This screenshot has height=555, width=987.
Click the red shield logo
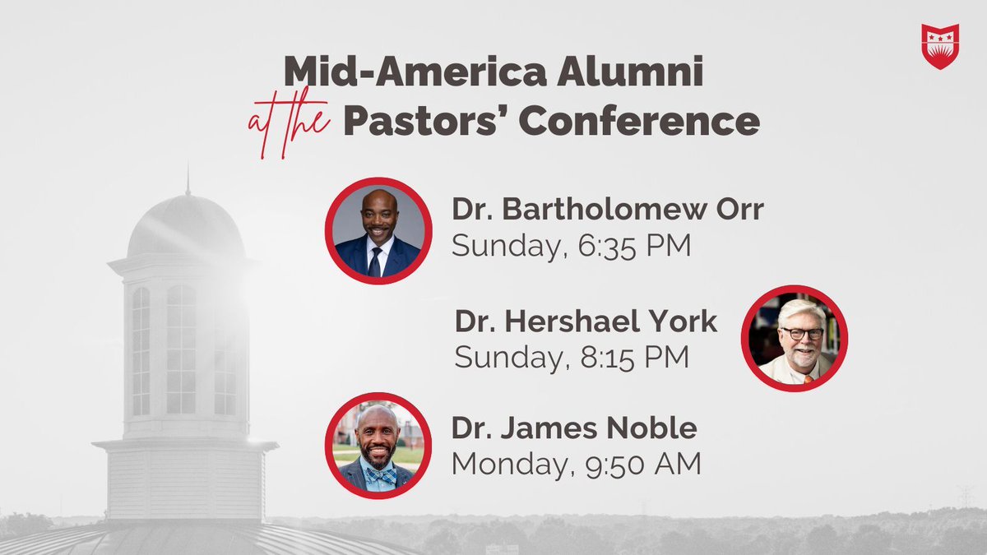[940, 47]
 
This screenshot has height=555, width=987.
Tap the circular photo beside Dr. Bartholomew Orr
[378, 230]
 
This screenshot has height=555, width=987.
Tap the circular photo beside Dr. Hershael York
[795, 338]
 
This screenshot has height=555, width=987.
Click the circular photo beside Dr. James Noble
[378, 446]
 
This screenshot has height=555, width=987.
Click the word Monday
[503, 464]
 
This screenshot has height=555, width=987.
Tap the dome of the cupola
[186, 226]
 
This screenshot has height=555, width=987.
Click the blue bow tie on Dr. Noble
[379, 475]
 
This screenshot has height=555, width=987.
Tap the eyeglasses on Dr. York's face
[801, 333]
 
